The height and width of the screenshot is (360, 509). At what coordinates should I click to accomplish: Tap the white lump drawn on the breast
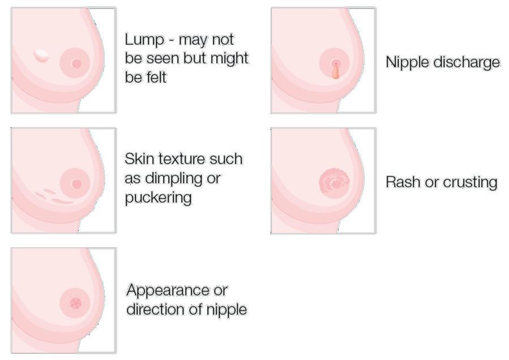(41, 55)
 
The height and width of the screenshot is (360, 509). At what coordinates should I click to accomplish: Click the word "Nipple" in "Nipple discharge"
(407, 62)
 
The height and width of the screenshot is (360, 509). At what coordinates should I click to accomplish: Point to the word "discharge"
(467, 62)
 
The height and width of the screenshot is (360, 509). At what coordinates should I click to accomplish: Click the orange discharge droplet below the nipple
(335, 72)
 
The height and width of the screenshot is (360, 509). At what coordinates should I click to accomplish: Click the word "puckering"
(158, 198)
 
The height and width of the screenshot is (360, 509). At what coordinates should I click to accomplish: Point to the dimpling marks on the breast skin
(54, 196)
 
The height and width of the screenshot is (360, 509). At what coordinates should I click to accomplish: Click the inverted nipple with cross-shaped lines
(75, 303)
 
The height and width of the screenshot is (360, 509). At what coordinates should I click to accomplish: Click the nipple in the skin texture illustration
(76, 183)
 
